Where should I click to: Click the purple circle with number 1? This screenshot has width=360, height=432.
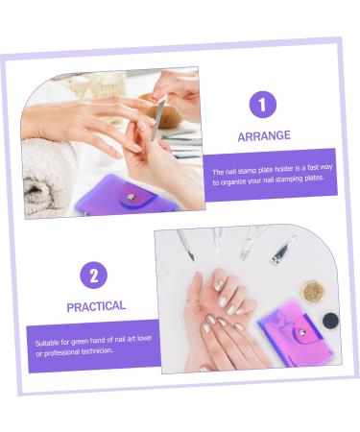point(263,105)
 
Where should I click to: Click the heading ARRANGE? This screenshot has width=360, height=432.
point(263,136)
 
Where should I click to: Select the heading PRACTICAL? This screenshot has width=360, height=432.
point(95,306)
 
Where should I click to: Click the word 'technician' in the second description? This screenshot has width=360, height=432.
point(99,349)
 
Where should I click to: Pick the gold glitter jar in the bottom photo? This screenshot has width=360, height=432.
point(313,292)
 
